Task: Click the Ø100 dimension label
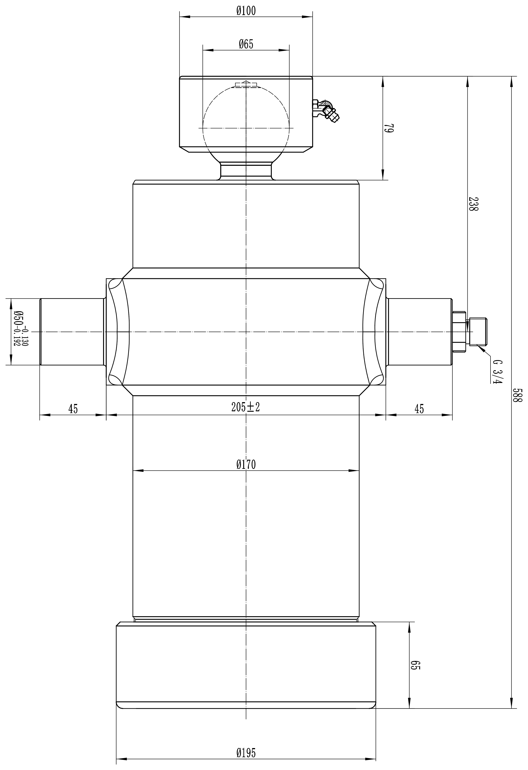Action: point(246,11)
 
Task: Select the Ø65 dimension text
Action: point(246,44)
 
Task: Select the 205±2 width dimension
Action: point(246,407)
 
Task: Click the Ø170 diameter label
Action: point(246,465)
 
